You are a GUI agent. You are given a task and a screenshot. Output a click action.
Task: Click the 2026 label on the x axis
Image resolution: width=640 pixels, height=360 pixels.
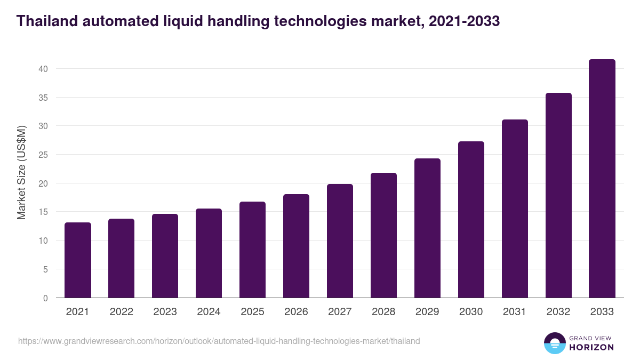click(x=296, y=312)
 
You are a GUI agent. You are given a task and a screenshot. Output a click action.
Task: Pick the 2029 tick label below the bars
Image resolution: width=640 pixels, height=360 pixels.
click(x=427, y=312)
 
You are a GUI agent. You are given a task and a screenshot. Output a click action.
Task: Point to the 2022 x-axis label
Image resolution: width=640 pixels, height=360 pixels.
click(x=121, y=312)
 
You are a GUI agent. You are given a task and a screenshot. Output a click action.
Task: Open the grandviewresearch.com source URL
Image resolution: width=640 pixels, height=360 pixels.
click(x=219, y=341)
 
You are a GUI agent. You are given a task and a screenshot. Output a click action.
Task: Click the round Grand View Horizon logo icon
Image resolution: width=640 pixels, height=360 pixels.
click(x=554, y=343)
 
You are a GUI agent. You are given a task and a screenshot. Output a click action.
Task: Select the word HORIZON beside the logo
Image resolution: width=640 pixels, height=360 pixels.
click(x=591, y=347)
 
